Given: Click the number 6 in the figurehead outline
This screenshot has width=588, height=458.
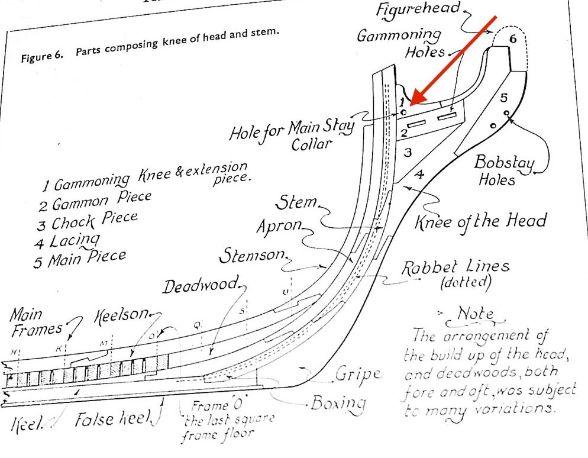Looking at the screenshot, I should click(513, 39).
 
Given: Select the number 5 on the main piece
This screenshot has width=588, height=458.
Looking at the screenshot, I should click(503, 96).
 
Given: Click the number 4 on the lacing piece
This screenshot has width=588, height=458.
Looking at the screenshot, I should click(419, 175).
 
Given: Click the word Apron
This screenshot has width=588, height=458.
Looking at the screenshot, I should click(279, 227).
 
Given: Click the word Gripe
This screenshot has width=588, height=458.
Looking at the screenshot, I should click(357, 375).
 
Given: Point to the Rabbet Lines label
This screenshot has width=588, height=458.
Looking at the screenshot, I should click(455, 272).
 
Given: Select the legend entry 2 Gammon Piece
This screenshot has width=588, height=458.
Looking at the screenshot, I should click(95, 201).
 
